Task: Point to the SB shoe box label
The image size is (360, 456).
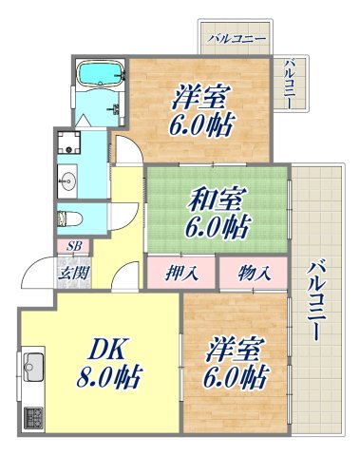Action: pos(72,246)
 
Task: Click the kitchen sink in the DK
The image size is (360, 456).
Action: pos(34,365)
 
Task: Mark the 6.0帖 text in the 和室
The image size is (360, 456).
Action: pos(216,229)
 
